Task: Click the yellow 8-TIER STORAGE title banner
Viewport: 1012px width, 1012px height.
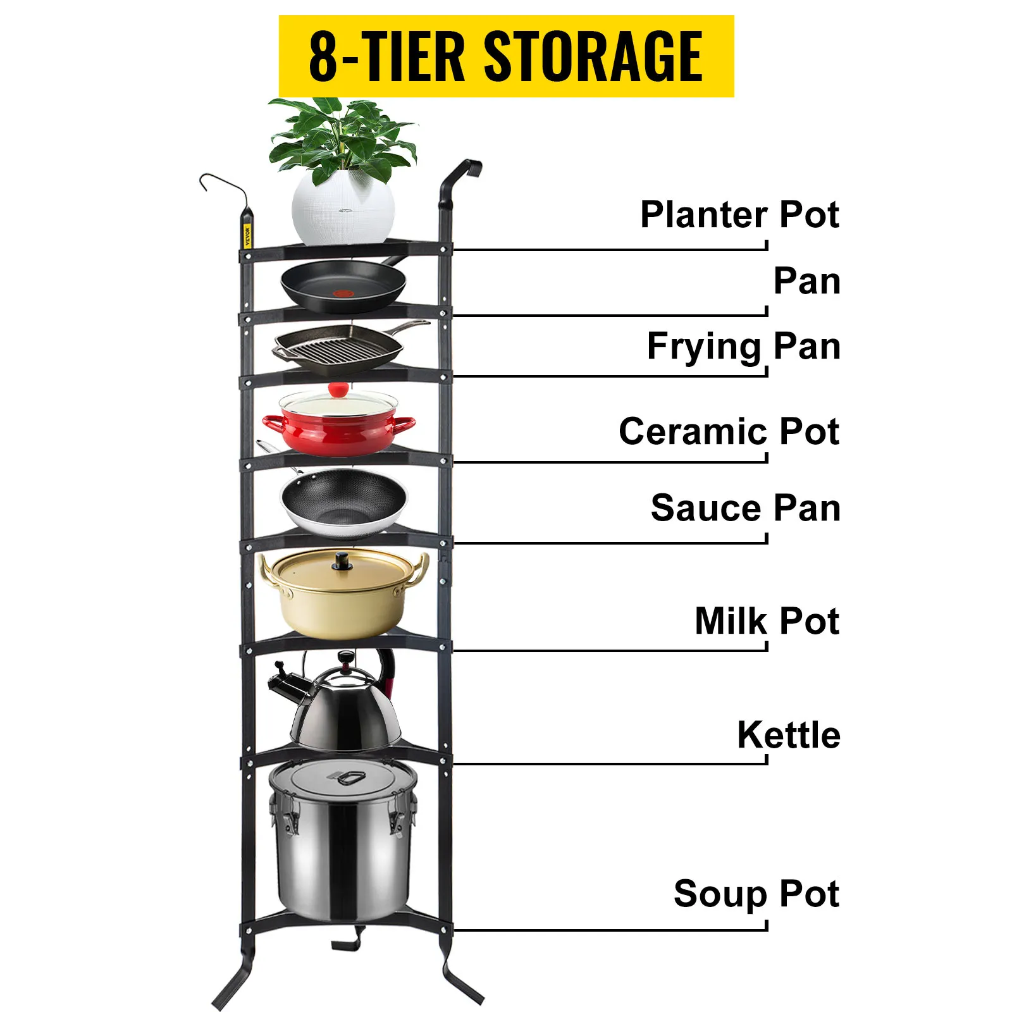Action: (x=506, y=56)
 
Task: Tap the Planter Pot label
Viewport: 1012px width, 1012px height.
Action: (x=739, y=215)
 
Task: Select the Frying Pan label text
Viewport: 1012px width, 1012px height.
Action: (x=743, y=347)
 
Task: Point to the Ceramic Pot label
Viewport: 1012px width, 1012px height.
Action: (x=729, y=431)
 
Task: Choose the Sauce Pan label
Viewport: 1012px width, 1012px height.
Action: (x=745, y=508)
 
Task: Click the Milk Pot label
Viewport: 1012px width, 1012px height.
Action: (x=767, y=621)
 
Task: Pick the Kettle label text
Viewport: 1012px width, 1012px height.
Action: (x=788, y=735)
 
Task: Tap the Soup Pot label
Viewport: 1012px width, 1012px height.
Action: (x=756, y=894)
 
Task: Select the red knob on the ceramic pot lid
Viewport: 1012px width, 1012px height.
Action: (x=338, y=389)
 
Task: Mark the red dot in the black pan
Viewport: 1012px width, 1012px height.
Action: (x=343, y=293)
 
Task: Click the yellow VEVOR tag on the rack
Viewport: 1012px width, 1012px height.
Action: (x=247, y=235)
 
